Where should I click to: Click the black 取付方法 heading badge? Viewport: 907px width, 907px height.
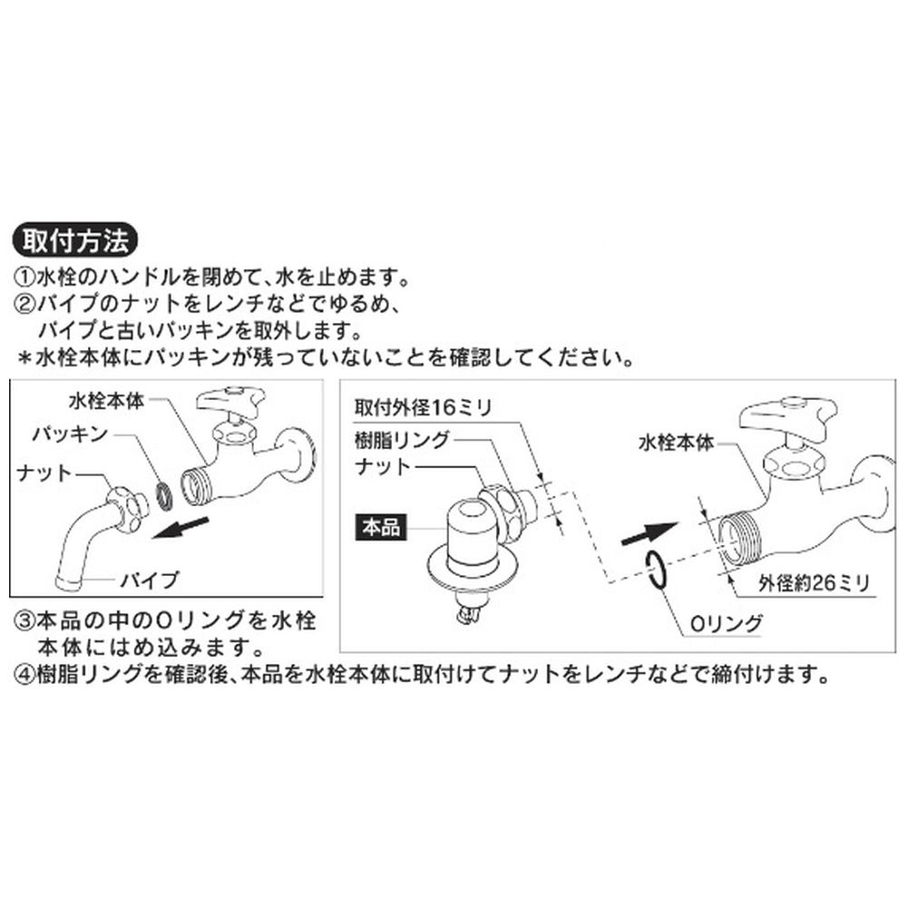(x=75, y=240)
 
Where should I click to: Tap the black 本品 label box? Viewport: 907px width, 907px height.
(x=381, y=528)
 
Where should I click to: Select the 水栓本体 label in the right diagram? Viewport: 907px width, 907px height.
(x=677, y=444)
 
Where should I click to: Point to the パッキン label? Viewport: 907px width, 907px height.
(x=71, y=434)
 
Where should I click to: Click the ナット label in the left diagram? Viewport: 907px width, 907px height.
(x=44, y=473)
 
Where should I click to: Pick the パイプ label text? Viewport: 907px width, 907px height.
(x=150, y=580)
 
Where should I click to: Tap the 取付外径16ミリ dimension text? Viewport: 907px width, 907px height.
(x=424, y=408)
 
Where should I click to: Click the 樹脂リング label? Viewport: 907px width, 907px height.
(x=402, y=440)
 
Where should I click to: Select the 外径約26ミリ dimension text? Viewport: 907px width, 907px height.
(x=814, y=583)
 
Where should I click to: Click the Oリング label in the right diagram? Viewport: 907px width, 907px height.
(x=727, y=624)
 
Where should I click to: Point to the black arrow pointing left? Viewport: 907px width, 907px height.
(x=180, y=528)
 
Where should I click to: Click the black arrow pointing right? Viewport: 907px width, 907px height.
(x=648, y=533)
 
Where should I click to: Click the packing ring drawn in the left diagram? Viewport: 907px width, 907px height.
(x=163, y=497)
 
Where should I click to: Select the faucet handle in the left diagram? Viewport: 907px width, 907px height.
(x=230, y=401)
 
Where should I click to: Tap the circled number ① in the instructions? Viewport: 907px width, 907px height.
(x=24, y=278)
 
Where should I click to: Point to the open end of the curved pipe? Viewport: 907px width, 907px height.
(x=69, y=582)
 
